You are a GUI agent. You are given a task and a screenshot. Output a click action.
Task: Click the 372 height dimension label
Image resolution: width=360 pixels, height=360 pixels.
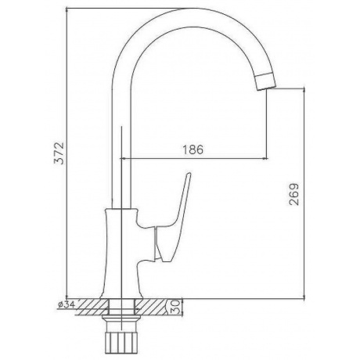click(x=59, y=153)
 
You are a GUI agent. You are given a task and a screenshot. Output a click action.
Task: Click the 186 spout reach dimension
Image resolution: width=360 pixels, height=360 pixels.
click(x=193, y=149)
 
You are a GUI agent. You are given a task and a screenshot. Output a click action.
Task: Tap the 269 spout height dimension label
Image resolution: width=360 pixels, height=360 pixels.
click(x=294, y=194)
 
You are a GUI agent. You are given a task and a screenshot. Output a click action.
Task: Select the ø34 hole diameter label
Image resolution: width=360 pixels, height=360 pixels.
click(x=67, y=304)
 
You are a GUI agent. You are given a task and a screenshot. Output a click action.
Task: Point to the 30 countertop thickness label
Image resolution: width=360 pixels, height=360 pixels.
click(x=175, y=308)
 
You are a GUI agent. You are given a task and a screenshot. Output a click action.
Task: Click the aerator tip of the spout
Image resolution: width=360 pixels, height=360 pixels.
click(x=265, y=81)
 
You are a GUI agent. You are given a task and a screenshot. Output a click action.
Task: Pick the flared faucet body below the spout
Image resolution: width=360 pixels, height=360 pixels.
click(x=121, y=253)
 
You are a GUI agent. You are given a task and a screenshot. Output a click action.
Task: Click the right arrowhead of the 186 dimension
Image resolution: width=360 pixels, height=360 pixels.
click(x=265, y=158)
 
